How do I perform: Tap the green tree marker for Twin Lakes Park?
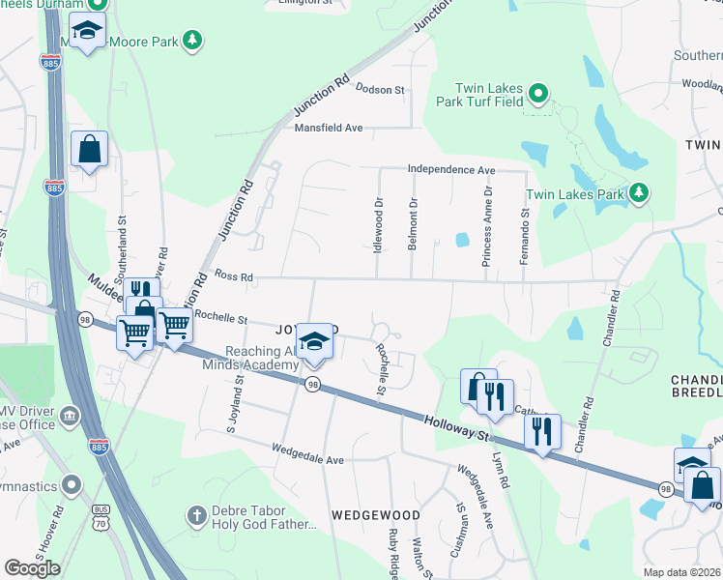pyautogui.click(x=638, y=194)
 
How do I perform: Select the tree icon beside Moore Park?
pyautogui.click(x=193, y=40)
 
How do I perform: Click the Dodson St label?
pyautogui.click(x=380, y=90)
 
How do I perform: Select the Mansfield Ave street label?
pyautogui.click(x=329, y=128)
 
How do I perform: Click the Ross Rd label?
pyautogui.click(x=233, y=277)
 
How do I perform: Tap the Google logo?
pyautogui.click(x=32, y=568)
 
